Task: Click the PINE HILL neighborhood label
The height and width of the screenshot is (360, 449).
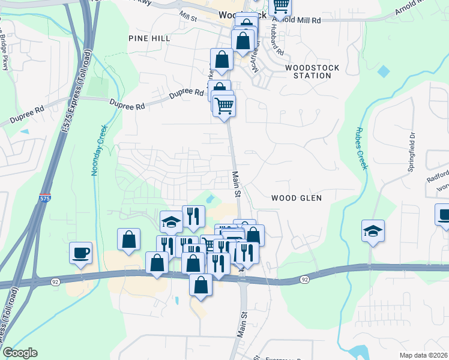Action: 149,38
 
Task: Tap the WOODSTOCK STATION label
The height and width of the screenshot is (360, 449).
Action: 312,72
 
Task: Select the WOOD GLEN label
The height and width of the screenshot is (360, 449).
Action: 297,197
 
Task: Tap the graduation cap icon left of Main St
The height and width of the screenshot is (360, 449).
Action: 172,221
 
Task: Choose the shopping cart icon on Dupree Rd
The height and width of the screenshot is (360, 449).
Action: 224,106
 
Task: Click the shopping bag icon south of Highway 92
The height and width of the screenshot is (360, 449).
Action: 200,286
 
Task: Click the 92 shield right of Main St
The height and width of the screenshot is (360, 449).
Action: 305,279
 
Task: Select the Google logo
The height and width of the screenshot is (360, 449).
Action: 20,353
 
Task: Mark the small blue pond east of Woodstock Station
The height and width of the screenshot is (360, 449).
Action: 384,71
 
